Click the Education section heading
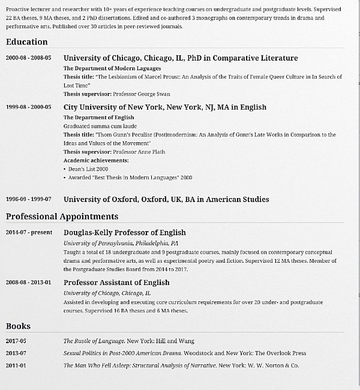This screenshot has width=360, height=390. pyautogui.click(x=26, y=42)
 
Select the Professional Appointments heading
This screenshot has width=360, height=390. pyautogui.click(x=62, y=216)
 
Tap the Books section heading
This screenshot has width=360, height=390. pyautogui.click(x=18, y=326)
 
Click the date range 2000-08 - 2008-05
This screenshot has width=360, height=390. pyautogui.click(x=28, y=58)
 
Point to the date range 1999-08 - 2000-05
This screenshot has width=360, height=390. pyautogui.click(x=28, y=107)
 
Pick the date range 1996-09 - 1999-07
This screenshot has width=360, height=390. pyautogui.click(x=28, y=199)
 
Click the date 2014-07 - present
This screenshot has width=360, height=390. pyautogui.click(x=28, y=233)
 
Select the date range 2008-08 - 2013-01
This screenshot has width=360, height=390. pyautogui.click(x=28, y=283)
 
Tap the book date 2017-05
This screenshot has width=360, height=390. pyautogui.click(x=16, y=341)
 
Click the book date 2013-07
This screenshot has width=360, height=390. pyautogui.click(x=16, y=353)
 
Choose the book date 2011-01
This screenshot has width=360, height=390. pyautogui.click(x=16, y=365)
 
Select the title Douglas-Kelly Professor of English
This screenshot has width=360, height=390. pyautogui.click(x=125, y=232)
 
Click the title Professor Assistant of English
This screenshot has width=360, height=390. pyautogui.click(x=116, y=282)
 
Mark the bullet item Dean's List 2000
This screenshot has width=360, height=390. pyautogui.click(x=84, y=169)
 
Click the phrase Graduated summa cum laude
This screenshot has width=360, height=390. pyautogui.click(x=100, y=127)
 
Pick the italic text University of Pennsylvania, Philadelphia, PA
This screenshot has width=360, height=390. pyautogui.click(x=121, y=244)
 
